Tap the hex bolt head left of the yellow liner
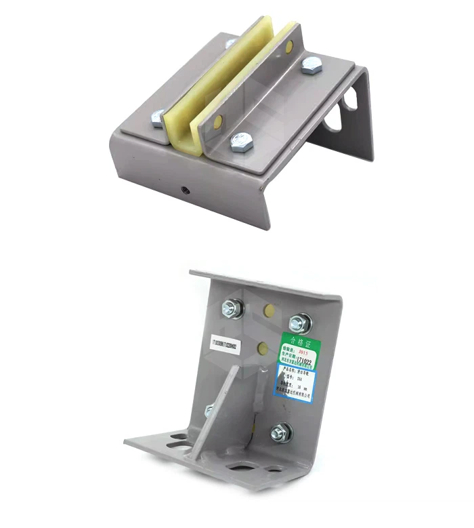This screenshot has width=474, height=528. click(158, 118)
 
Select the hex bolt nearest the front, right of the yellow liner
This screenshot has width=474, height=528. click(240, 142)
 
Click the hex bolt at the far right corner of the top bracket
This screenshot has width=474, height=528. click(311, 66)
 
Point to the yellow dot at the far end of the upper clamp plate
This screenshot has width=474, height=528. click(289, 47)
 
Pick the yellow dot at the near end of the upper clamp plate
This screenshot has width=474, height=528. click(217, 123)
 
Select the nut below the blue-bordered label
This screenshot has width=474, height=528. click(281, 432)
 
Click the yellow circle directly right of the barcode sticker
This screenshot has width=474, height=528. click(263, 349)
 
